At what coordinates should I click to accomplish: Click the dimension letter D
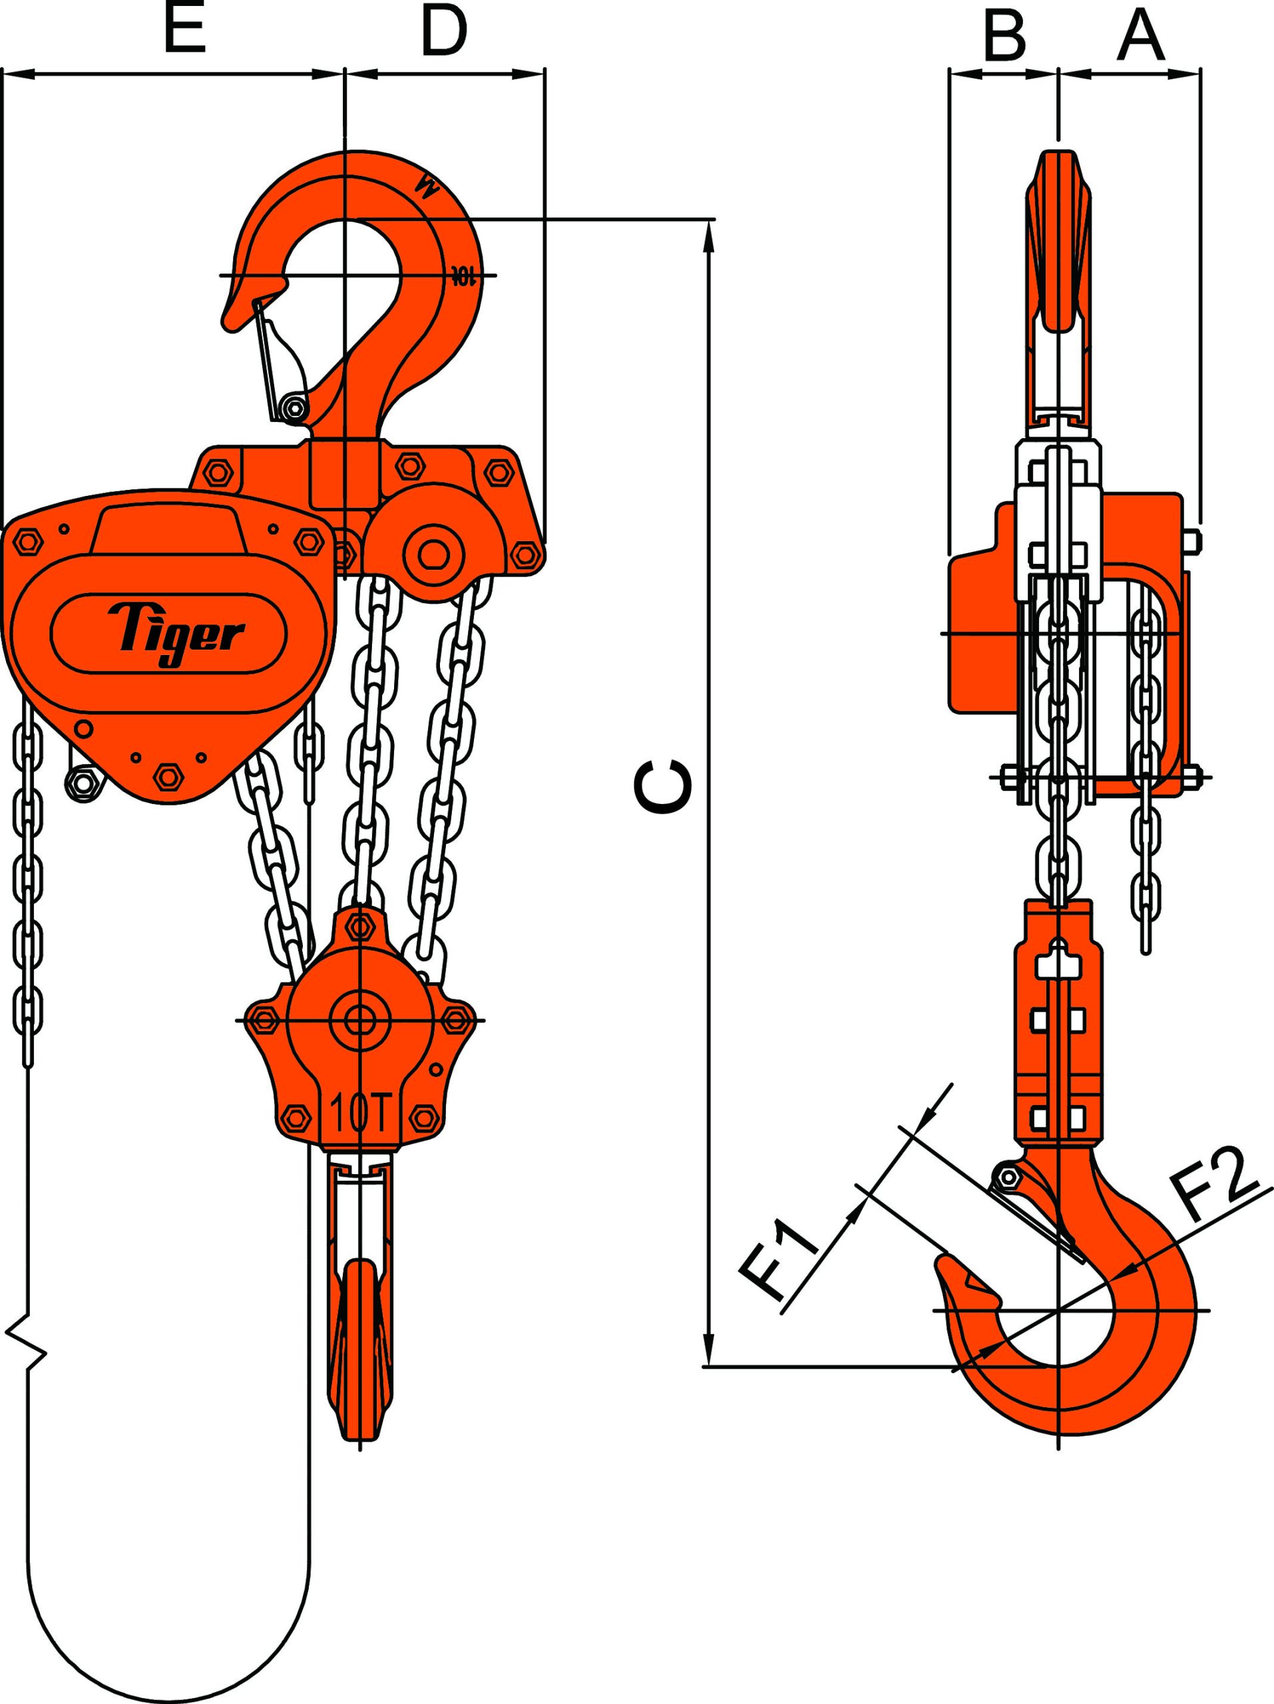click(445, 33)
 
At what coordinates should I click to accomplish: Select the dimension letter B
click(1005, 35)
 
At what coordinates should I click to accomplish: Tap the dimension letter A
click(1140, 35)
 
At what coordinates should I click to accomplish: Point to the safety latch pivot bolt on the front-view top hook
click(293, 407)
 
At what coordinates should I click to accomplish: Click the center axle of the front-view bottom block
click(359, 1020)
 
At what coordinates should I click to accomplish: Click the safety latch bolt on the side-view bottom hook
click(1006, 1178)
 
